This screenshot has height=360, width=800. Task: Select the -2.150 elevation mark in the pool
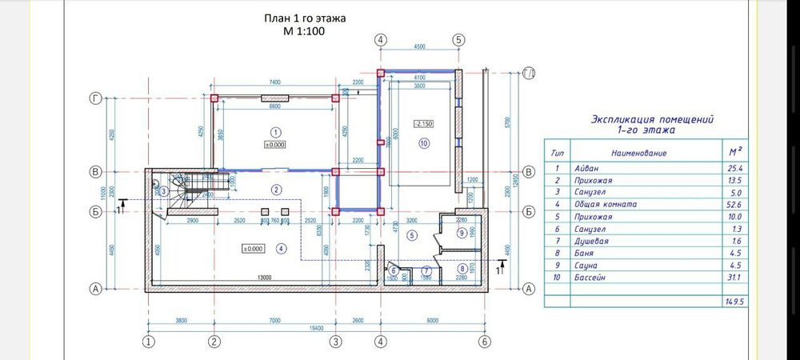click(x=423, y=124)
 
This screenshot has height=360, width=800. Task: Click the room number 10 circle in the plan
click(x=424, y=143)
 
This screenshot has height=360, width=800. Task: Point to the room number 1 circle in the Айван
click(x=275, y=131)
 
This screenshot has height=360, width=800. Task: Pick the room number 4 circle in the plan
click(x=281, y=249)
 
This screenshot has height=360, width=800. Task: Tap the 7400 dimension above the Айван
click(x=274, y=82)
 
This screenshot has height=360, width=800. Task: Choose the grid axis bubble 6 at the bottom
click(x=483, y=342)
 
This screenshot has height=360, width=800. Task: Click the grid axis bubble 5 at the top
click(x=458, y=39)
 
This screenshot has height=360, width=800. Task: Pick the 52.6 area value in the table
click(x=733, y=204)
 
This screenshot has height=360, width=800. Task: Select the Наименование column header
click(x=638, y=152)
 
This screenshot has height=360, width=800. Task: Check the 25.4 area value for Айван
click(x=733, y=168)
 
